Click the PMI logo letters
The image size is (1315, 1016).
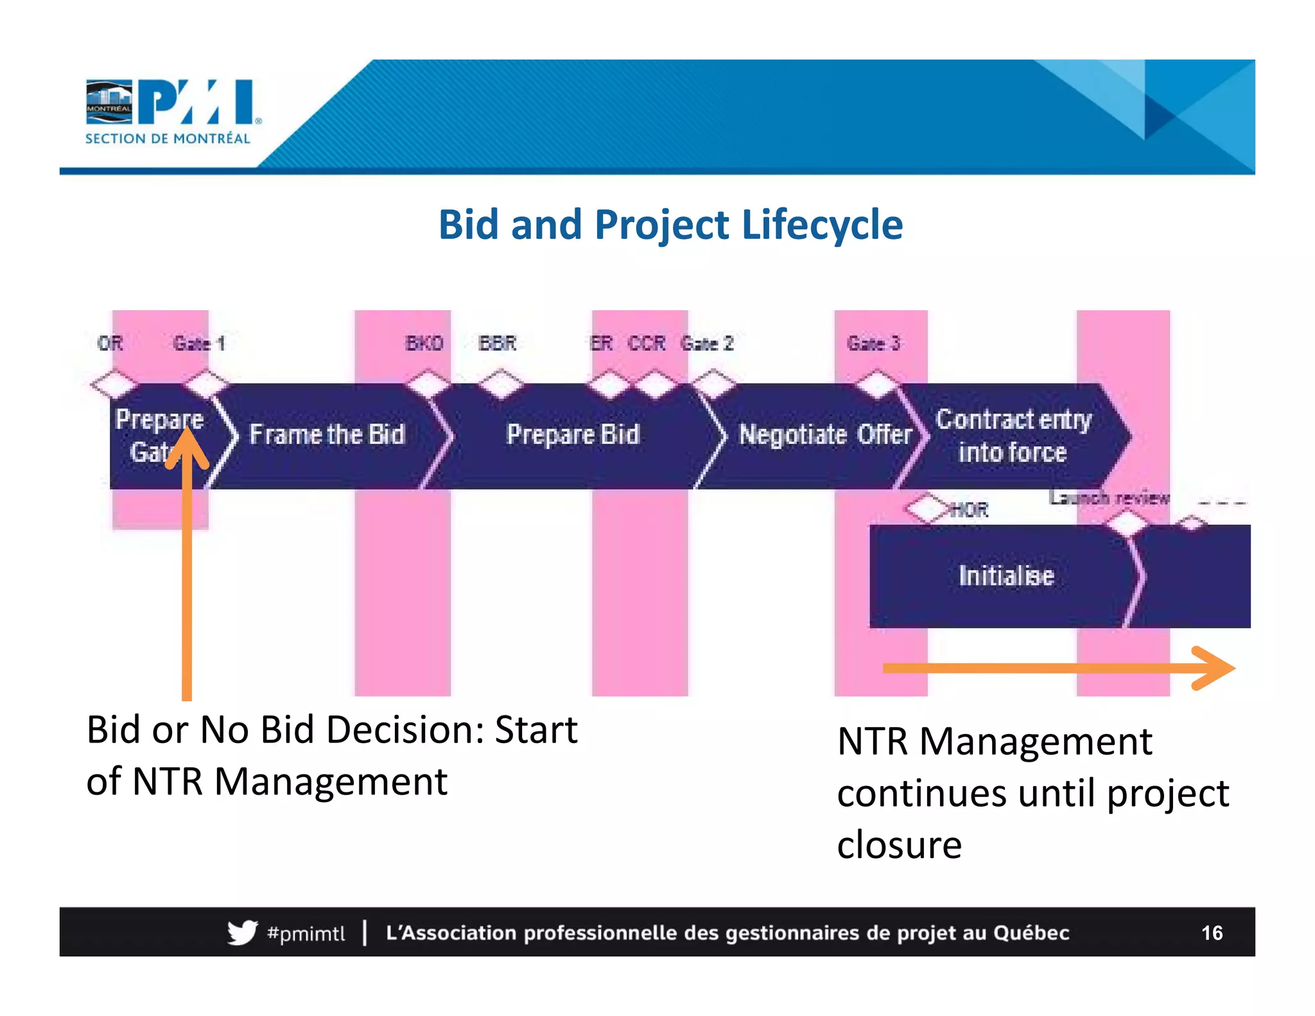[x=196, y=101]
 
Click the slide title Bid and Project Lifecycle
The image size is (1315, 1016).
[x=670, y=225]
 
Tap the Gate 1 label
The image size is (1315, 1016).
[x=199, y=344]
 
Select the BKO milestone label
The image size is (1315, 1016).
[x=424, y=344]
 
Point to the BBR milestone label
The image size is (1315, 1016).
[x=498, y=344]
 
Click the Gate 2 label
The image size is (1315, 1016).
[x=707, y=344]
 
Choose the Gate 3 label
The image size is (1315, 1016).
[x=873, y=344]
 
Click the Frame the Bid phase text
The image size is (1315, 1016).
[x=327, y=435]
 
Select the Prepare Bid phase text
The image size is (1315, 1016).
[x=573, y=435]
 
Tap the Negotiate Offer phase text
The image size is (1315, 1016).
[x=825, y=435]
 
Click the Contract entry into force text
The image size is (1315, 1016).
[x=1013, y=435]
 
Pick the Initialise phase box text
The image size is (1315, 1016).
[x=1006, y=575]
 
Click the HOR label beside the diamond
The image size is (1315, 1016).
[x=970, y=510]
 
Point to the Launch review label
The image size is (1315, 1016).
[x=1109, y=497]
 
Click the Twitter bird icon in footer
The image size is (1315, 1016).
[x=242, y=933]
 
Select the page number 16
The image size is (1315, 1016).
[x=1212, y=933]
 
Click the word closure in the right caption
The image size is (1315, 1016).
[x=899, y=845]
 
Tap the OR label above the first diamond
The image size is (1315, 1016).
[x=110, y=344]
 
